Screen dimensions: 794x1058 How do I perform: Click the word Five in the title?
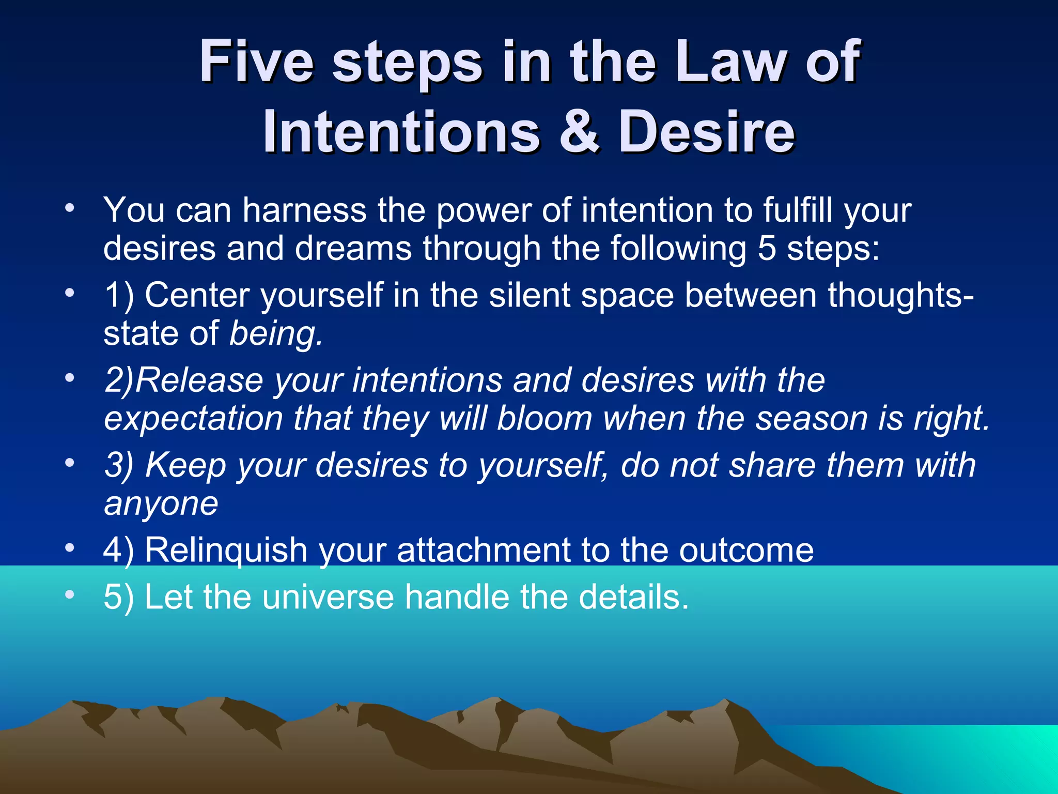coord(257,62)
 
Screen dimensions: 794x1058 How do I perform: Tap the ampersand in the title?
coord(579,132)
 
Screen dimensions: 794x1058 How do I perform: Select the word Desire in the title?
coord(707,132)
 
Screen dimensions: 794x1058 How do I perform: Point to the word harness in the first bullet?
coord(304,211)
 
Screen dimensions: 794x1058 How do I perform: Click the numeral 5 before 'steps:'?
coord(767,249)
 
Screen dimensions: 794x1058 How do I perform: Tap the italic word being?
coord(275,334)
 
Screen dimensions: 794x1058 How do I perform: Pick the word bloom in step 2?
coord(544,418)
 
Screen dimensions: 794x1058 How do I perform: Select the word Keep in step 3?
coord(185,465)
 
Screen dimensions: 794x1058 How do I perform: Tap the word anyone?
coord(161,503)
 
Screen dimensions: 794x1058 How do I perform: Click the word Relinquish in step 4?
coord(226,550)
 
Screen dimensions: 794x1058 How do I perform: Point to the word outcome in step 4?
coord(746,550)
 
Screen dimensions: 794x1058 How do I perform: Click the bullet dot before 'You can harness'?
coord(70,209)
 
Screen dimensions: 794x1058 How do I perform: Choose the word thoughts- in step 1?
coord(901,296)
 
